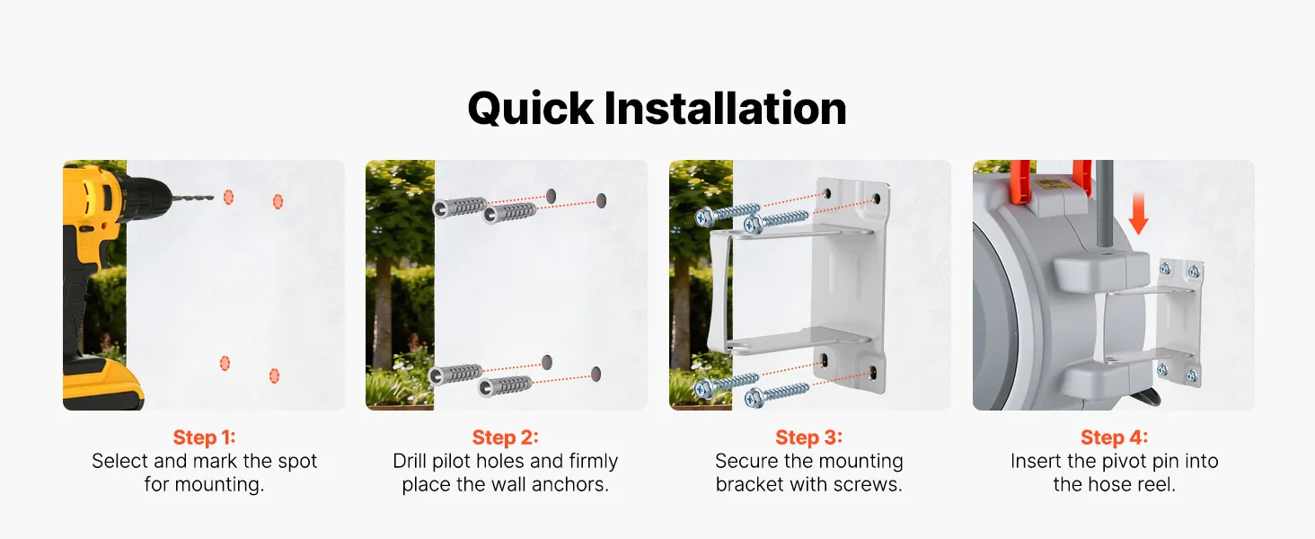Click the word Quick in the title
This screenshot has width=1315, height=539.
(x=531, y=109)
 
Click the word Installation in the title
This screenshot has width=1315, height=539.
(x=725, y=109)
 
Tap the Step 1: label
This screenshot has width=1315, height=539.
(x=204, y=437)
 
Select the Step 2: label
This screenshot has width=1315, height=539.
(x=505, y=437)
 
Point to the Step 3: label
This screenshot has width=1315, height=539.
(x=808, y=437)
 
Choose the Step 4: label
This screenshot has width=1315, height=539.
(x=1114, y=437)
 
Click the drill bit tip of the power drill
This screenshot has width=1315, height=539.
(x=213, y=198)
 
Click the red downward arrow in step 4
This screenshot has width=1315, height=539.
(x=1138, y=213)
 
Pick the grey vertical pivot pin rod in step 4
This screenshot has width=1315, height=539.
(x=1104, y=206)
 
